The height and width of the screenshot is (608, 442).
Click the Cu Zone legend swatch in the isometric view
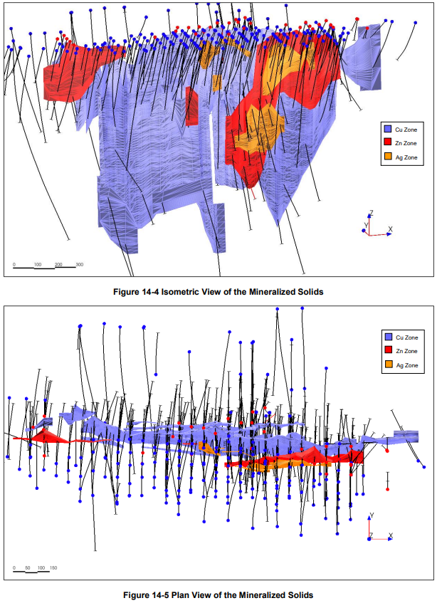point(388,130)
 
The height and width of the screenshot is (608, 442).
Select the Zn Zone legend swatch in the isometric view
point(388,143)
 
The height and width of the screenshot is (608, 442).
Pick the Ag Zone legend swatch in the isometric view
point(388,157)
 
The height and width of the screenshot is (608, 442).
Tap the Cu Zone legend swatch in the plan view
point(388,337)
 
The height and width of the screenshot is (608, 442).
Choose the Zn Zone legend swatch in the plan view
point(388,351)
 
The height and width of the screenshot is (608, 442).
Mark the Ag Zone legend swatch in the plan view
point(388,365)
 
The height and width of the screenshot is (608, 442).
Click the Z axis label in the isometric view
point(371,213)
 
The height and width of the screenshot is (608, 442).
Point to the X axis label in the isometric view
point(390,229)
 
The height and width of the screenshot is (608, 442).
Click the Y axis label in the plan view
point(372,516)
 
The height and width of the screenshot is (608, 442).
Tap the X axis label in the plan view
point(391,535)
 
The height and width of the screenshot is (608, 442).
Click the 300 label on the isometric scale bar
point(80,264)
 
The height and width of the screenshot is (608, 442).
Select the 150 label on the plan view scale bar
point(53,568)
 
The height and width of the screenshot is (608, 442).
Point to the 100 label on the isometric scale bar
point(37,264)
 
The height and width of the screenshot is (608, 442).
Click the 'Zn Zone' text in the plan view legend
point(406,351)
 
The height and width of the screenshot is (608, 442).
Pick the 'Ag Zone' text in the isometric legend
point(406,157)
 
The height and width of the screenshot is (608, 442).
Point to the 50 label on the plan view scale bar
point(27,568)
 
